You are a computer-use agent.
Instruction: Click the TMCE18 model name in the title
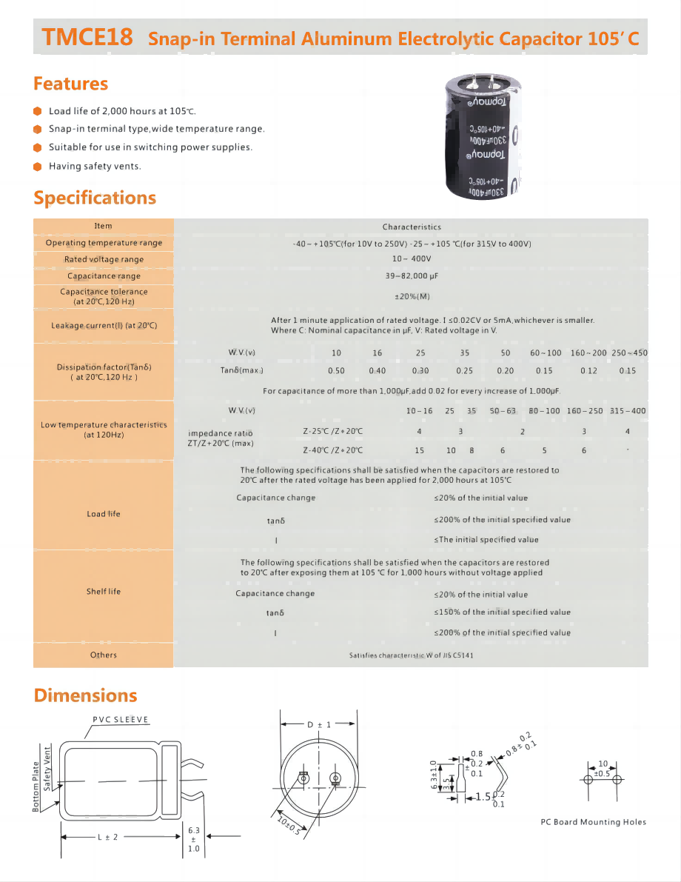(87, 37)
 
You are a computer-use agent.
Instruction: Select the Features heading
(70, 84)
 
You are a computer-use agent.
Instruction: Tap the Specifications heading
(95, 198)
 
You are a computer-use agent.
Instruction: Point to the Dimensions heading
(85, 695)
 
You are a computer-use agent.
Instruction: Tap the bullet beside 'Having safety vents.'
(38, 166)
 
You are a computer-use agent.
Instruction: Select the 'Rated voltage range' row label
(104, 259)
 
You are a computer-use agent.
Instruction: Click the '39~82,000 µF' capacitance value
(411, 275)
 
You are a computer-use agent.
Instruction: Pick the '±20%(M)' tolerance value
(412, 296)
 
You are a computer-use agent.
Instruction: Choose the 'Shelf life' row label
(104, 592)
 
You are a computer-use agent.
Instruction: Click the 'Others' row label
(104, 655)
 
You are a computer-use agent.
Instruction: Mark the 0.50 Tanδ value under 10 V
(336, 370)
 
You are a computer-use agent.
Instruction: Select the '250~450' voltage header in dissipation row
(629, 353)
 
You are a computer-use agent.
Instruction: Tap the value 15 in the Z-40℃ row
(419, 450)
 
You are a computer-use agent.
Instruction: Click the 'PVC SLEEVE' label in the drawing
(121, 720)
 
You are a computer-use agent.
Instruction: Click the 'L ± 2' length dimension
(107, 837)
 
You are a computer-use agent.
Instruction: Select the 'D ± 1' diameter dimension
(319, 724)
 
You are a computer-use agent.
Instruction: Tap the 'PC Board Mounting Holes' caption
(593, 822)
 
